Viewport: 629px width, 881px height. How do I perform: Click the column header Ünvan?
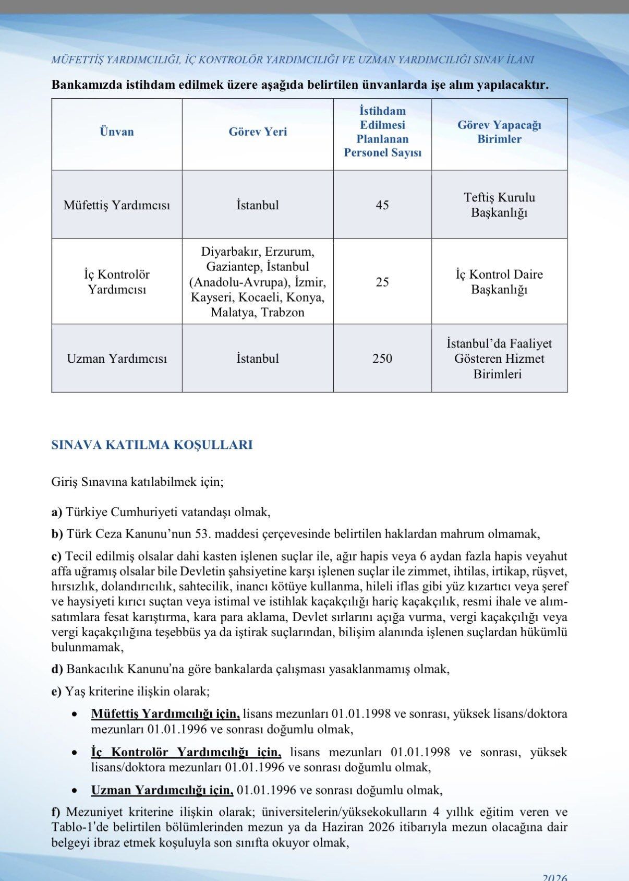117,132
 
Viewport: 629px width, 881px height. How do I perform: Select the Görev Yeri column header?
258,132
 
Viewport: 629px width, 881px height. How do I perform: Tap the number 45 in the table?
382,205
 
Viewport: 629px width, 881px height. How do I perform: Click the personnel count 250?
382,359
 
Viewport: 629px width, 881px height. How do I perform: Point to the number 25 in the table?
382,282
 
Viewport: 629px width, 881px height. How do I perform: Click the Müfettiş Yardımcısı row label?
117,205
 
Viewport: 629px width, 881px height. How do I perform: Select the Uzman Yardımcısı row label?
117,359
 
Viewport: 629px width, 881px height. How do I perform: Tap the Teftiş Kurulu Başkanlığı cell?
499,205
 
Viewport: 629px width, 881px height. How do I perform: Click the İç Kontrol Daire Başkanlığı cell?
499,282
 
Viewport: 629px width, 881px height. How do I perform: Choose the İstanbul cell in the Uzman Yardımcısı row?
258,359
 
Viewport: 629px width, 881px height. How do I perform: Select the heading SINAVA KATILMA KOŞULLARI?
152,445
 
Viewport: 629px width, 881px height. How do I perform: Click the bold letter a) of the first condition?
57,512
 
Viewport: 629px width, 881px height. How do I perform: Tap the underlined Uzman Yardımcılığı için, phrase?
162,790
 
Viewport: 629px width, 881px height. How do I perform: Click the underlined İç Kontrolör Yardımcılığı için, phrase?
186,753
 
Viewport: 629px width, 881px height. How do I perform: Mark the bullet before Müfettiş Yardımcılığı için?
76,714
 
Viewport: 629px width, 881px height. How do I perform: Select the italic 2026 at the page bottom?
555,877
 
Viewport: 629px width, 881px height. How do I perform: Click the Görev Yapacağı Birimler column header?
499,132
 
